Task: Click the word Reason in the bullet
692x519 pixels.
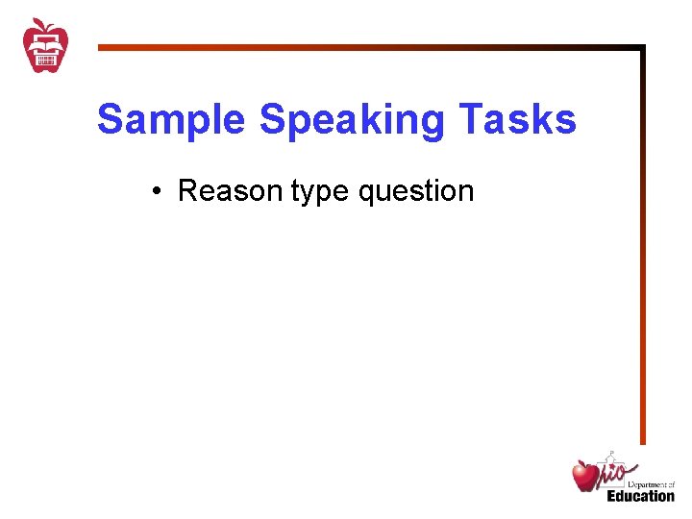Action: pyautogui.click(x=231, y=191)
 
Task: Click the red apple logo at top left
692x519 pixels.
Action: pyautogui.click(x=46, y=45)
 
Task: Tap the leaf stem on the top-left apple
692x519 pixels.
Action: pyautogui.click(x=39, y=22)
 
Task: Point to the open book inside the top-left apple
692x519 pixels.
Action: pyautogui.click(x=46, y=41)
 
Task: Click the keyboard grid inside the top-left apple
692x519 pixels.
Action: pyautogui.click(x=46, y=60)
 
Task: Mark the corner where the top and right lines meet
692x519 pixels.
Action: pyautogui.click(x=642, y=47)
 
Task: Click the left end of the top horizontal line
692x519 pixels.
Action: pyautogui.click(x=100, y=47)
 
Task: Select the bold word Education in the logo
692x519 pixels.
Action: pyautogui.click(x=640, y=496)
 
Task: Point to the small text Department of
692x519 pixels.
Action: pyautogui.click(x=652, y=486)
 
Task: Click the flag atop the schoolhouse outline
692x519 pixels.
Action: pyautogui.click(x=611, y=451)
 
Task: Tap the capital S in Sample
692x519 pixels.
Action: pyautogui.click(x=110, y=121)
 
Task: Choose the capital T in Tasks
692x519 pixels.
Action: pyautogui.click(x=470, y=121)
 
